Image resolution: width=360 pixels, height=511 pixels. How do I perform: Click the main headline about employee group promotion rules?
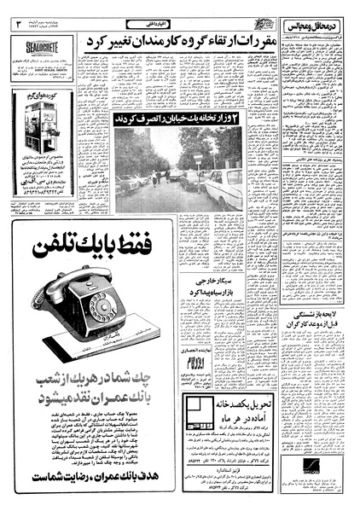click(193, 41)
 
